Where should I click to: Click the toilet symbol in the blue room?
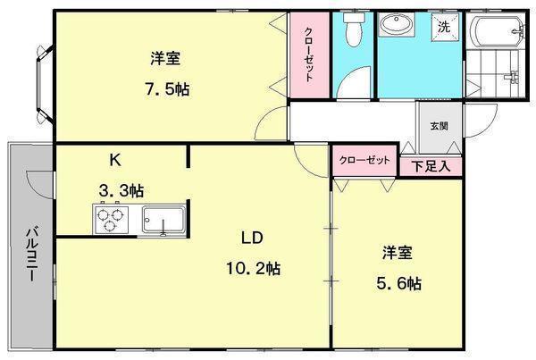point(353,29)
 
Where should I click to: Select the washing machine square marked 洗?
point(444,26)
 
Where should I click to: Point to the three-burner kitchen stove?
point(110,220)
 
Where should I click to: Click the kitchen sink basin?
point(163,220)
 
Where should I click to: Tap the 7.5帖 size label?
point(167,89)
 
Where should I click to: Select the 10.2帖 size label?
point(254,268)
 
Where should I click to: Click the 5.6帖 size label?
point(399,283)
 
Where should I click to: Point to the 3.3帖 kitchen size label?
point(121,190)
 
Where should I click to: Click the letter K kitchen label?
point(115,160)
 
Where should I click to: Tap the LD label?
point(252,238)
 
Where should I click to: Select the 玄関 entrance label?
point(439,126)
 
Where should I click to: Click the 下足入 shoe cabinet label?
point(431,166)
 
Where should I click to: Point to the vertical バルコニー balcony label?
point(32,255)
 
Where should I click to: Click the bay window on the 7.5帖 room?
point(45,84)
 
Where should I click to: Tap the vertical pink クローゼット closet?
point(310,55)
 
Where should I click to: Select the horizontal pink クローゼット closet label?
point(364,160)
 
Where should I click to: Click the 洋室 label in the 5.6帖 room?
point(398,252)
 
